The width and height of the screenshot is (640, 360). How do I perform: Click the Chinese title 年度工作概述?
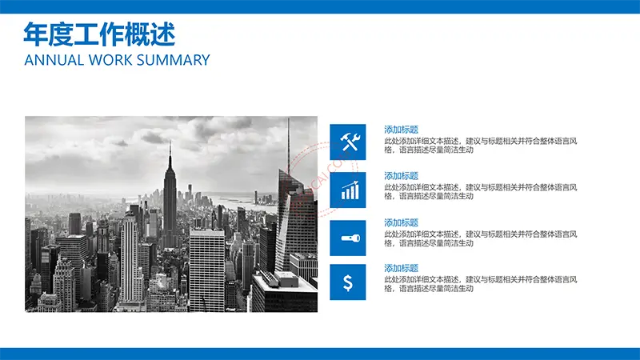point(99,34)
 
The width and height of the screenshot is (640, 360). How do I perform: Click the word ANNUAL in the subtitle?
point(54,60)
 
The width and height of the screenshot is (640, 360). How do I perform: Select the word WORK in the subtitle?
point(110,60)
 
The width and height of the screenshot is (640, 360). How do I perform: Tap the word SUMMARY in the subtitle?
point(173,60)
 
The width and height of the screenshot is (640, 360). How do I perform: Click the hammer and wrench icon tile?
point(348,142)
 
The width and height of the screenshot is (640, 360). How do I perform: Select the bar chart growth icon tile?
point(348,190)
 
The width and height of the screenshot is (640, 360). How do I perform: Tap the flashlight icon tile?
point(348,238)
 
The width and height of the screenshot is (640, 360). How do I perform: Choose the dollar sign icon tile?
point(348,282)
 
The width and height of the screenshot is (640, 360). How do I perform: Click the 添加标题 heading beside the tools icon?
point(402,130)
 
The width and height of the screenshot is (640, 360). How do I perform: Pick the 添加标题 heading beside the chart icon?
point(402,176)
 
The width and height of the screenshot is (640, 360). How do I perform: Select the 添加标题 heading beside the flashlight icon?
point(402,223)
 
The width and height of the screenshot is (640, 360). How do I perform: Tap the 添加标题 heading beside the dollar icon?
point(402,268)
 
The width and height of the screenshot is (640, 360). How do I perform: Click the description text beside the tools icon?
point(481,146)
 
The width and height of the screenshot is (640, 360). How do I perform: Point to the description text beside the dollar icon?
point(481,284)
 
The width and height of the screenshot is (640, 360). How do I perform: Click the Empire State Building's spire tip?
point(170,142)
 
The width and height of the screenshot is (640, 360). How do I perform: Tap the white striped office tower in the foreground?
point(207,270)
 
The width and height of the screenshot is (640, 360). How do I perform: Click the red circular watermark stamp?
point(322,179)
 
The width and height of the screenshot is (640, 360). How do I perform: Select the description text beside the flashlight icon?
point(481,238)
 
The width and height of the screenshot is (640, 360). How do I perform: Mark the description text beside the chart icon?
point(481,191)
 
